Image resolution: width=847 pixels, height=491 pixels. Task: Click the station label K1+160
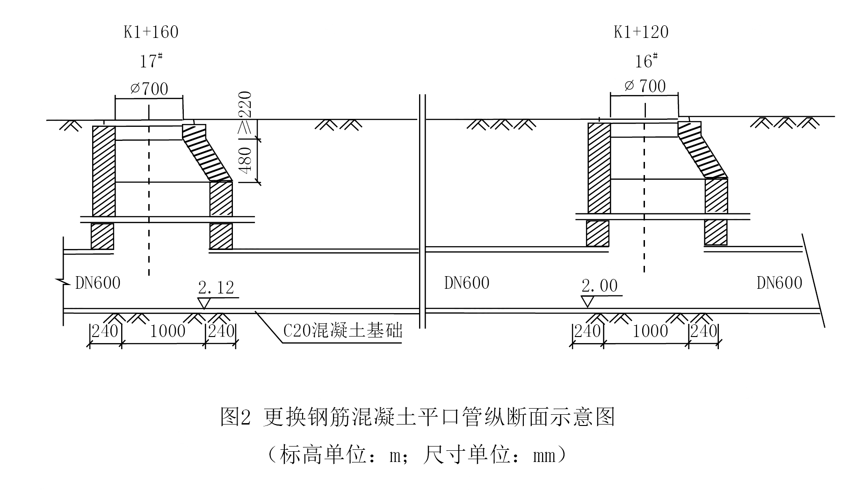click(151, 32)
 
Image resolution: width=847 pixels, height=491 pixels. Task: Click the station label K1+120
click(641, 32)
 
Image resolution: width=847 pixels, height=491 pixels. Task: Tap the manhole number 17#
click(151, 61)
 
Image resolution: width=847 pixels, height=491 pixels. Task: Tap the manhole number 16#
click(646, 61)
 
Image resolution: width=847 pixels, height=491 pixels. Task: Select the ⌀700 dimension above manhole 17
click(149, 88)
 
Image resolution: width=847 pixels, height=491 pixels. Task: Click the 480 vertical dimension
click(246, 160)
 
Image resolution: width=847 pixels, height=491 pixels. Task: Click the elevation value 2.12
click(216, 287)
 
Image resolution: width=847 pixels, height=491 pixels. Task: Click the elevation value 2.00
click(600, 286)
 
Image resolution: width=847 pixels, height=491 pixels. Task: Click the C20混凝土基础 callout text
click(343, 331)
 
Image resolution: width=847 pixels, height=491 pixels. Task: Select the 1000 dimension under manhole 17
click(167, 331)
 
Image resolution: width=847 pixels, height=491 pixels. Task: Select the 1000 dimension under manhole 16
click(650, 331)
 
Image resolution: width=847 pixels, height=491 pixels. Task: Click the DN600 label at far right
click(779, 283)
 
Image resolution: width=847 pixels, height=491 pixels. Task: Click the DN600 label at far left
click(98, 283)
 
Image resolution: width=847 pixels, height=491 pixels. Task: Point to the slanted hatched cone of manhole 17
click(207, 154)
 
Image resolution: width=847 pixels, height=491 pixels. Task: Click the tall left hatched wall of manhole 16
click(599, 167)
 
